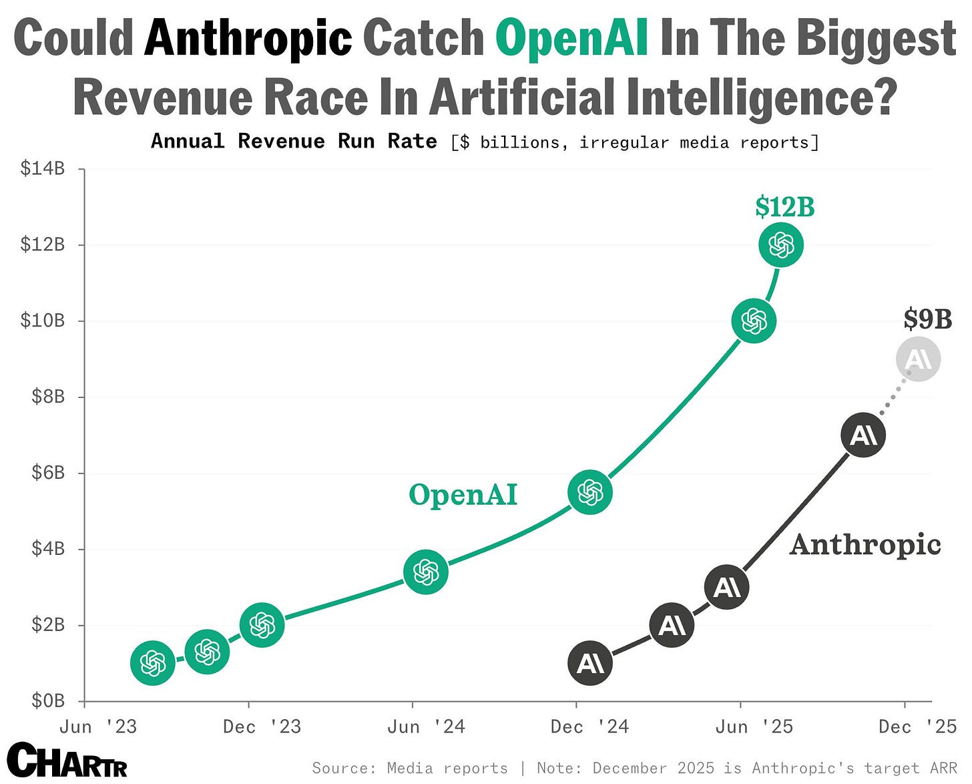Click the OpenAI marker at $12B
[780, 245]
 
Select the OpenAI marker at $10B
[754, 321]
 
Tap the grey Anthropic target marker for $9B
[918, 359]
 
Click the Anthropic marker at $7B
[863, 435]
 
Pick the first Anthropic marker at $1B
[590, 663]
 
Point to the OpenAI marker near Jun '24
[426, 572]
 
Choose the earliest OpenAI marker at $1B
[153, 663]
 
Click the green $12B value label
[784, 207]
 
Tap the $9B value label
[927, 319]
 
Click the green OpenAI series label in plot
[463, 495]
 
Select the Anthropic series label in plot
[865, 544]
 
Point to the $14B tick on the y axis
[43, 168]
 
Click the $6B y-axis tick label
[48, 473]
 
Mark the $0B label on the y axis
[48, 701]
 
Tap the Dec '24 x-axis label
[589, 727]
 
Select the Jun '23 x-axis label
[98, 727]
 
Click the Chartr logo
[67, 761]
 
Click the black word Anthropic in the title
[248, 38]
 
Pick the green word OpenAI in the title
[571, 38]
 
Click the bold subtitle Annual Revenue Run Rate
[294, 142]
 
